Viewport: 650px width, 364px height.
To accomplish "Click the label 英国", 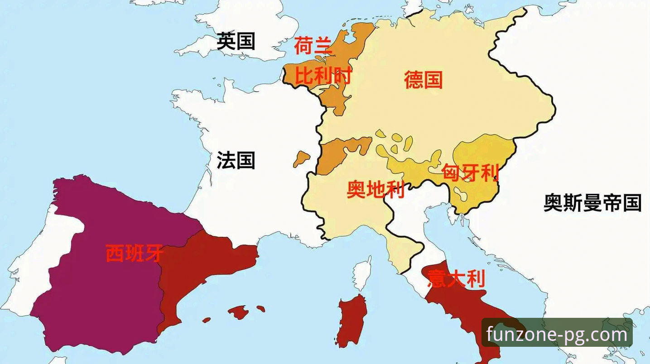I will pyautogui.click(x=236, y=41).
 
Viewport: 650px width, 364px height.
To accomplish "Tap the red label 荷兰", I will pyautogui.click(x=313, y=46).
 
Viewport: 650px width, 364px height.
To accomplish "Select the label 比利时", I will pyautogui.click(x=323, y=76).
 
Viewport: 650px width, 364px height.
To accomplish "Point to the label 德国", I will pyautogui.click(x=423, y=80).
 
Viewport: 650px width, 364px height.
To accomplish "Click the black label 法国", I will pyautogui.click(x=236, y=160).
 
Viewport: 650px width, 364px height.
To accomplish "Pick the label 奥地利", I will pyautogui.click(x=376, y=189).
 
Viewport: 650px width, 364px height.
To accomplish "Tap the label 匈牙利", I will pyautogui.click(x=471, y=172).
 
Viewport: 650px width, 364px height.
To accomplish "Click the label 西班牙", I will pyautogui.click(x=134, y=254).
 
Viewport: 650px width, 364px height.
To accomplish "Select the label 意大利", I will pyautogui.click(x=456, y=279).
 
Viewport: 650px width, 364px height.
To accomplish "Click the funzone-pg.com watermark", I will pyautogui.click(x=557, y=334).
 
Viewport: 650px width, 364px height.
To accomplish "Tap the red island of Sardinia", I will pyautogui.click(x=352, y=319).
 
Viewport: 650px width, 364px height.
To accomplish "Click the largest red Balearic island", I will pyautogui.click(x=239, y=311).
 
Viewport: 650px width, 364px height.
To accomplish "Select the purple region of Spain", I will pyautogui.click(x=100, y=290).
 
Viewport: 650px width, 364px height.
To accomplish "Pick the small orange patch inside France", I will pyautogui.click(x=301, y=159).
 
